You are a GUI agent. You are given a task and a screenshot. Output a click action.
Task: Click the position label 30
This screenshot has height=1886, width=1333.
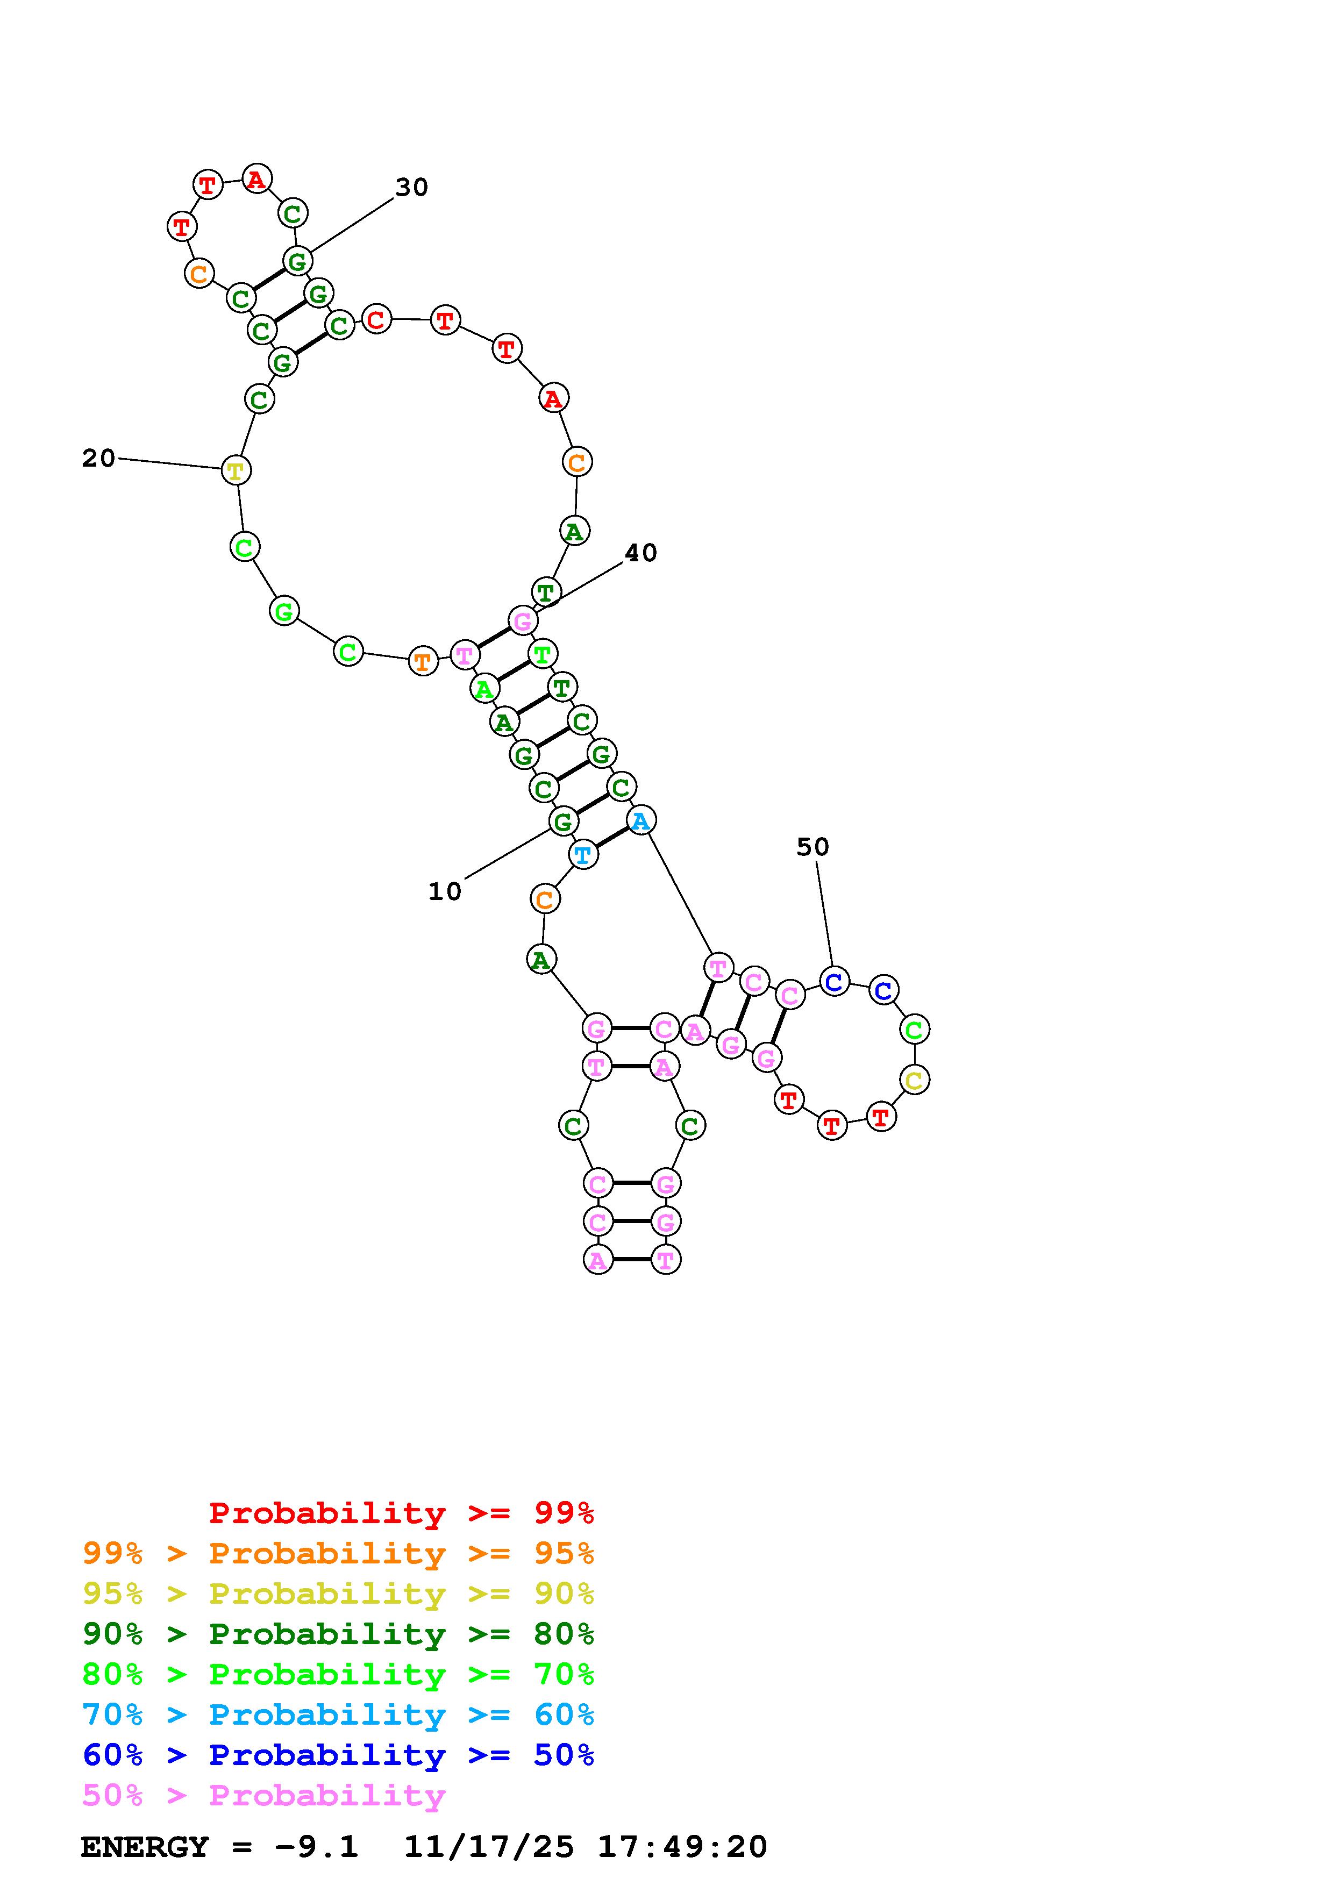411,187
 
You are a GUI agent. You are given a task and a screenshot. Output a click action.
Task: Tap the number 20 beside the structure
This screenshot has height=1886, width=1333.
98,459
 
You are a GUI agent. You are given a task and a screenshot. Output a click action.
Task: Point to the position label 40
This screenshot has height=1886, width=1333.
640,553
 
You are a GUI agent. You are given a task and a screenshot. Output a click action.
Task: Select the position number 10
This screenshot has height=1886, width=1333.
445,891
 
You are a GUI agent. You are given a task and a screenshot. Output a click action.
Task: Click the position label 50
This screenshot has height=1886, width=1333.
813,847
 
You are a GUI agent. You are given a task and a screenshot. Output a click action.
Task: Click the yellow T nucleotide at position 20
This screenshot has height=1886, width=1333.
236,470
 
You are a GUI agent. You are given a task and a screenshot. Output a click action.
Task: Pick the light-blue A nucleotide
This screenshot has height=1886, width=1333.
640,820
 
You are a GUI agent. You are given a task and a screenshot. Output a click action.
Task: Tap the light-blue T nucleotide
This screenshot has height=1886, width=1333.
583,855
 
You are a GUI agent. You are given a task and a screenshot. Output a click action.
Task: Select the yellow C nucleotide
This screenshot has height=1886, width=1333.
914,1080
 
